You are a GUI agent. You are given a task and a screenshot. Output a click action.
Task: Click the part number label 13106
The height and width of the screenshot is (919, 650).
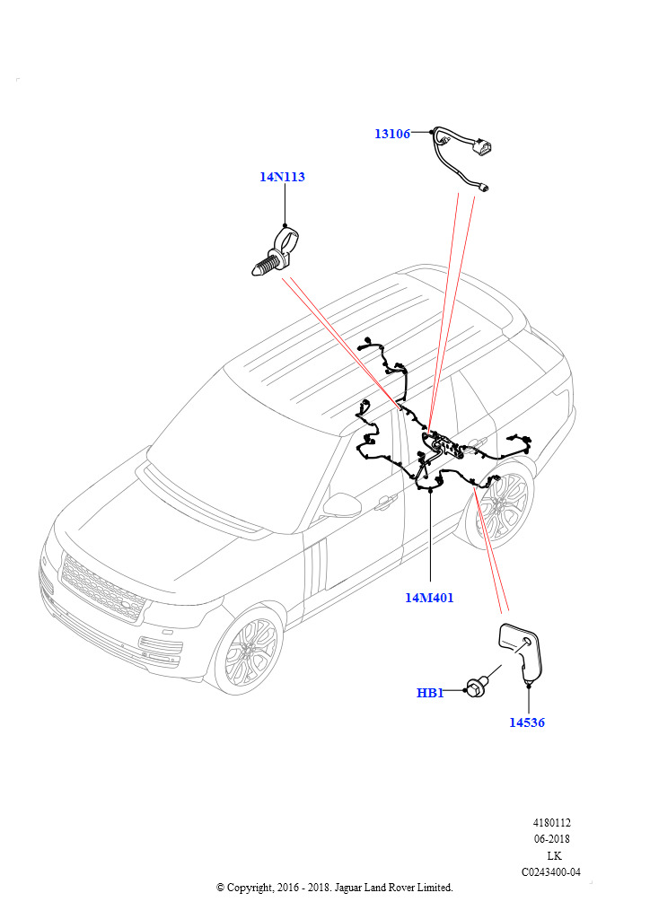[391, 134]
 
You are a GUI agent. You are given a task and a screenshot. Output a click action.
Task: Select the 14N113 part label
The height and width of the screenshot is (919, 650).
[282, 177]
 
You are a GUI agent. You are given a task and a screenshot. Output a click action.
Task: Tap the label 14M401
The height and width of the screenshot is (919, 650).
[429, 598]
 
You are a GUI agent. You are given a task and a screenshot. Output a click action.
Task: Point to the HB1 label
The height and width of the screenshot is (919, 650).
[430, 693]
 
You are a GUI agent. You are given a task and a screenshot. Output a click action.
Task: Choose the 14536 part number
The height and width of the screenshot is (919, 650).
[526, 722]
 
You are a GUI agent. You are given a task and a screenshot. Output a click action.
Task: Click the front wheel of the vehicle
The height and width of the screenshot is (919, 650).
[248, 651]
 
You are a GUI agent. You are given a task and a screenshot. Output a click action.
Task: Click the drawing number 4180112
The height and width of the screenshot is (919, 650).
[552, 822]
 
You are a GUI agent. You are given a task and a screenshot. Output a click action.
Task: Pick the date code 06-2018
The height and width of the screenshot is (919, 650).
[552, 839]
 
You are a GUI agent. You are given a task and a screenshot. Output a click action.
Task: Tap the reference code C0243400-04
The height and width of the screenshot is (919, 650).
[552, 872]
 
